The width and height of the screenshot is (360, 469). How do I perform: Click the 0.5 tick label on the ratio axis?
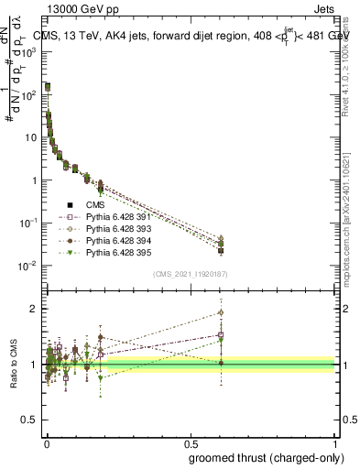click(28, 420)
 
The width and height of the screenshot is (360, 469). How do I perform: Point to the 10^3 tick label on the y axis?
click(27, 52)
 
